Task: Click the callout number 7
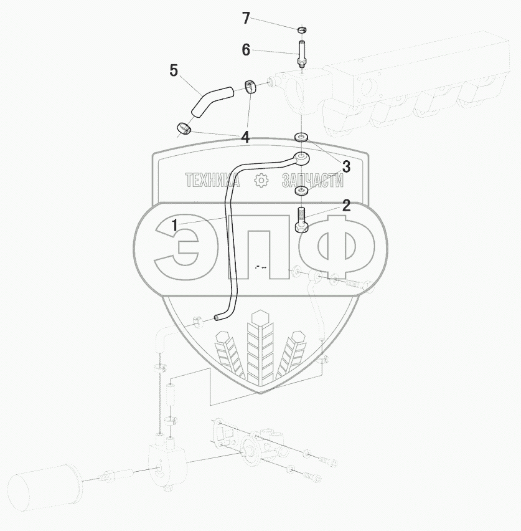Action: (246, 19)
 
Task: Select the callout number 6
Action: (246, 50)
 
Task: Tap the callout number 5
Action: (174, 70)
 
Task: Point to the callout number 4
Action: (246, 137)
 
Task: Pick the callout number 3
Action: (345, 166)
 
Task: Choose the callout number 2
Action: (345, 206)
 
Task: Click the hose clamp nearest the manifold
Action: (251, 85)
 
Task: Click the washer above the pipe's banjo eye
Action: (301, 136)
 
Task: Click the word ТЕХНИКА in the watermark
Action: (212, 180)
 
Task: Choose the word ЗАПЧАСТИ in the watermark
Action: (312, 180)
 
